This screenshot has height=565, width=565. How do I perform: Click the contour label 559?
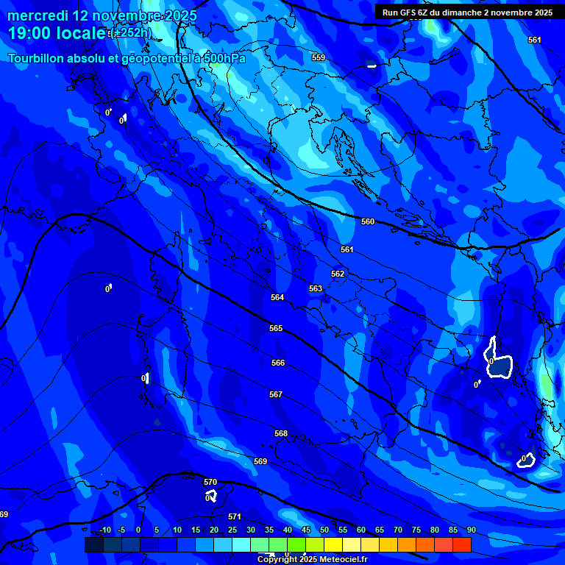point(318,57)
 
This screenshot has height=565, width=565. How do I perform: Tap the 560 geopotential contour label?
point(368,221)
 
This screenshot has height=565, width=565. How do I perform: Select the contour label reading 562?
point(337,274)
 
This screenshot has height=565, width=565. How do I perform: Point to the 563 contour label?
point(315,288)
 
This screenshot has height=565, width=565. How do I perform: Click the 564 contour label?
point(277,297)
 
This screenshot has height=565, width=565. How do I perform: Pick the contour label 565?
point(275,328)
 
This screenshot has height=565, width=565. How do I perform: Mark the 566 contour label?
point(277,363)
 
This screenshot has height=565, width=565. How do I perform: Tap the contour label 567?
point(275,394)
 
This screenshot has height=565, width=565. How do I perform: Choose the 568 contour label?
point(280,433)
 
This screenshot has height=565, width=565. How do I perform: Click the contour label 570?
point(210,482)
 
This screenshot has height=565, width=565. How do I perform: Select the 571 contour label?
point(234,516)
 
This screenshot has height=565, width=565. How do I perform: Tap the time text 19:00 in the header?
point(30,34)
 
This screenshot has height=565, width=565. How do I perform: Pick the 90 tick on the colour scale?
point(471,530)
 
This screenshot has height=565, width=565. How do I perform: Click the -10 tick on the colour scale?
point(104,530)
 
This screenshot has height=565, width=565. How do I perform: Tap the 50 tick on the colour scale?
point(324,530)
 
